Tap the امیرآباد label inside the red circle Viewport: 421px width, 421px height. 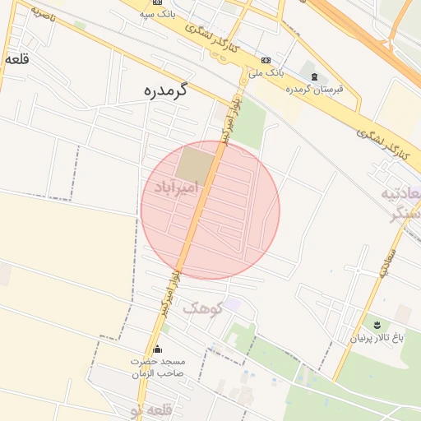(x=177, y=188)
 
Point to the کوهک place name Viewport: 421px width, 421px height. (x=202, y=308)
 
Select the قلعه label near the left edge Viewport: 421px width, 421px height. (x=16, y=60)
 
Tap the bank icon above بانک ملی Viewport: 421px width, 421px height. (x=266, y=60)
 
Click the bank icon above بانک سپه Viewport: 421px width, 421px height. (x=157, y=2)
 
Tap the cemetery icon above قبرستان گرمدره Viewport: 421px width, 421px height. (x=313, y=77)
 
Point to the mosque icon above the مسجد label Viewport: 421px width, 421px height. (x=158, y=349)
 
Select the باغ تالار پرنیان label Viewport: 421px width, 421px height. (x=378, y=338)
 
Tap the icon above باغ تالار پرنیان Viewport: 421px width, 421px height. (x=377, y=325)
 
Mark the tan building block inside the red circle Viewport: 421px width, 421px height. (x=195, y=164)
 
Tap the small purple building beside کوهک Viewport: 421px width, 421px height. (x=234, y=304)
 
